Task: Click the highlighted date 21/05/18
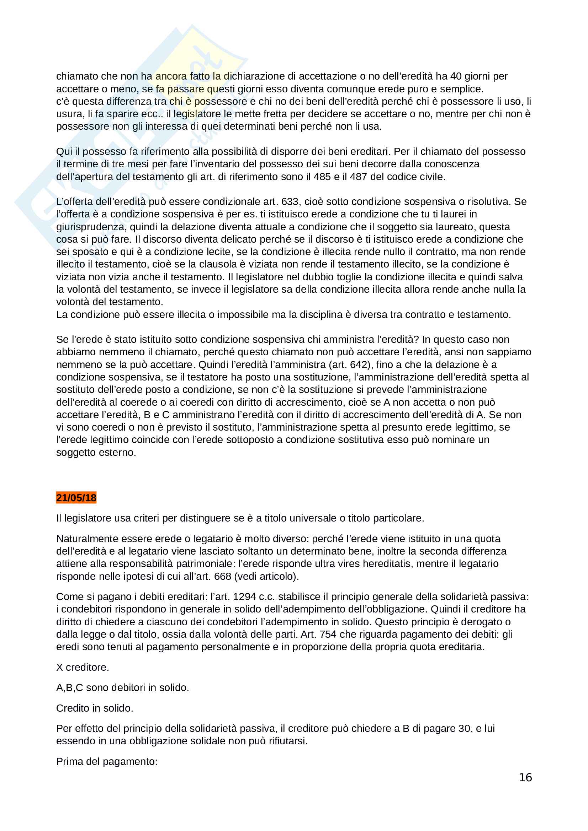tap(76, 498)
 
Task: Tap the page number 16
tap(525, 777)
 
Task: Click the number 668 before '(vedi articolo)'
tap(222, 577)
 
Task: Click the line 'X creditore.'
tap(83, 668)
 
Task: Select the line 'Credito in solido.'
tap(95, 708)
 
